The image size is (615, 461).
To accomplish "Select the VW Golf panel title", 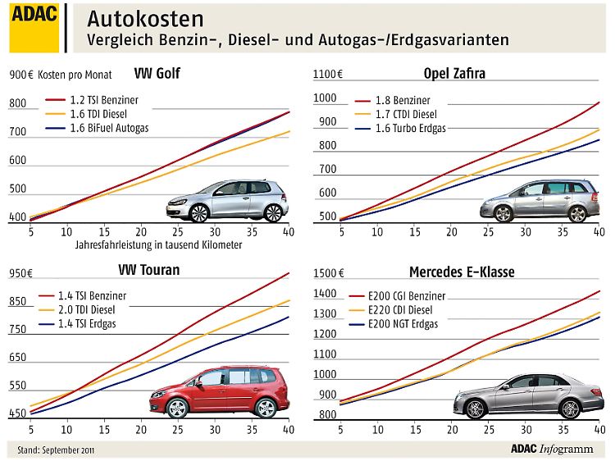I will (157, 74).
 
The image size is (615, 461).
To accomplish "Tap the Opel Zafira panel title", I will (454, 74).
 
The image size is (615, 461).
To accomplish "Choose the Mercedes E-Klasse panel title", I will (462, 272).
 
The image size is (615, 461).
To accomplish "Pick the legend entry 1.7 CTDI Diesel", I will (406, 115).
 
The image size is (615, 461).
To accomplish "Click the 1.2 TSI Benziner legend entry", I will (104, 100).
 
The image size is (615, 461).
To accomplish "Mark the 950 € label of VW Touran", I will (20, 273).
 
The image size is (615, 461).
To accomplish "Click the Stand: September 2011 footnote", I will (52, 450).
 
